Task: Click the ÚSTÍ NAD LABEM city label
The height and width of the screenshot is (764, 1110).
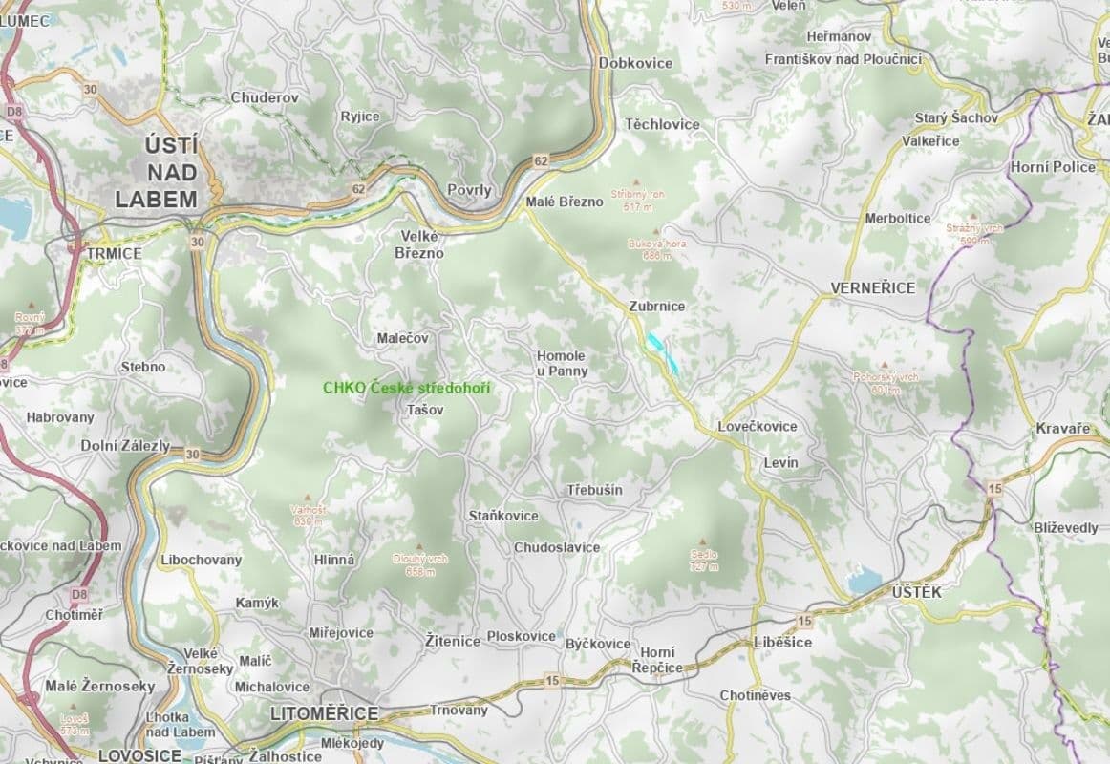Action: pos(156,173)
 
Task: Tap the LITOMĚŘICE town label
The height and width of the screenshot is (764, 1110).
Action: pos(325,713)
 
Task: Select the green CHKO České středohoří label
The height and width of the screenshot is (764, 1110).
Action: pos(405,388)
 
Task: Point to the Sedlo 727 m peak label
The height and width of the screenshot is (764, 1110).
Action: pos(704,560)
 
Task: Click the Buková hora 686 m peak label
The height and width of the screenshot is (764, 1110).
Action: pos(656,249)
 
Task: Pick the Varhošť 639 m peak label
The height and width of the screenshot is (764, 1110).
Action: pos(309,516)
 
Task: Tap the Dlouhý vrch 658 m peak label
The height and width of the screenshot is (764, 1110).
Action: pos(420,564)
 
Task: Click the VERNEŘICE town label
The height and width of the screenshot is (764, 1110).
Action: pos(872,287)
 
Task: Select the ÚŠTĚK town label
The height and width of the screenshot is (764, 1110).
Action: pos(916,593)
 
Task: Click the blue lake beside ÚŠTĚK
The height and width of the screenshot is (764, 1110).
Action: pos(865,579)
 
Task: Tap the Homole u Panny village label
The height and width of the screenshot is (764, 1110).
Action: pos(561,363)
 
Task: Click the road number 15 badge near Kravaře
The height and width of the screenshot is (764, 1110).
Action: pos(994,488)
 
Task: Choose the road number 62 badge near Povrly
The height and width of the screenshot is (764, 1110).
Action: pos(542,160)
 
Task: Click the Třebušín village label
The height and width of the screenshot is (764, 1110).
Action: pos(594,490)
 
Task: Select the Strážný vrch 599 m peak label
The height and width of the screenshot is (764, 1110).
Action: pos(974,234)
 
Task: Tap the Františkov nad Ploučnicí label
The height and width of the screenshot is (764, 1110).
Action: pos(843,59)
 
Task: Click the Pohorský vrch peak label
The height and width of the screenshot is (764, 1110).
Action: pos(886,383)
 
